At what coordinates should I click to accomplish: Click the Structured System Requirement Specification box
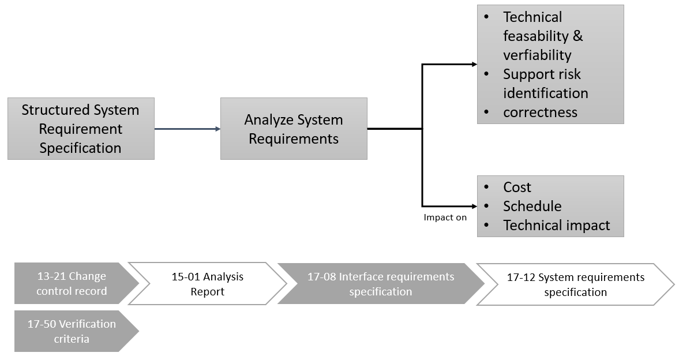(81, 128)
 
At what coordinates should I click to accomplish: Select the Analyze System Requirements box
(294, 128)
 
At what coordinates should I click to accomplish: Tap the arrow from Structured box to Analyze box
(187, 129)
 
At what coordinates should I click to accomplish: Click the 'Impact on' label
(445, 217)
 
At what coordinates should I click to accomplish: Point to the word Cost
(517, 187)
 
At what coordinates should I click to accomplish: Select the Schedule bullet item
(532, 206)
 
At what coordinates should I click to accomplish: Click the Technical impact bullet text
(556, 225)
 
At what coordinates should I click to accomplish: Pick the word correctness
(540, 112)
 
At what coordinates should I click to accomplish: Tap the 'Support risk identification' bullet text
(545, 84)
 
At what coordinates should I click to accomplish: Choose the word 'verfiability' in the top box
(537, 55)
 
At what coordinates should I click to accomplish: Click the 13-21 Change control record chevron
(72, 283)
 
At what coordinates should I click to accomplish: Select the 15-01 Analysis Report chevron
(207, 283)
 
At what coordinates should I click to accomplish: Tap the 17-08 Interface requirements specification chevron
(380, 283)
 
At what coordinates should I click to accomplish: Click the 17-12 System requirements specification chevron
(575, 283)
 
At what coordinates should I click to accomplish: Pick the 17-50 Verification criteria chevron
(72, 331)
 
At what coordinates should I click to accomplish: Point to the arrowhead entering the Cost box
(474, 206)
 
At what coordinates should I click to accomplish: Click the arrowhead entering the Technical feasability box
(474, 64)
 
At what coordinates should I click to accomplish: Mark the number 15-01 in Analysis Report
(185, 276)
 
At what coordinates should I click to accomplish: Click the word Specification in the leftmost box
(80, 148)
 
